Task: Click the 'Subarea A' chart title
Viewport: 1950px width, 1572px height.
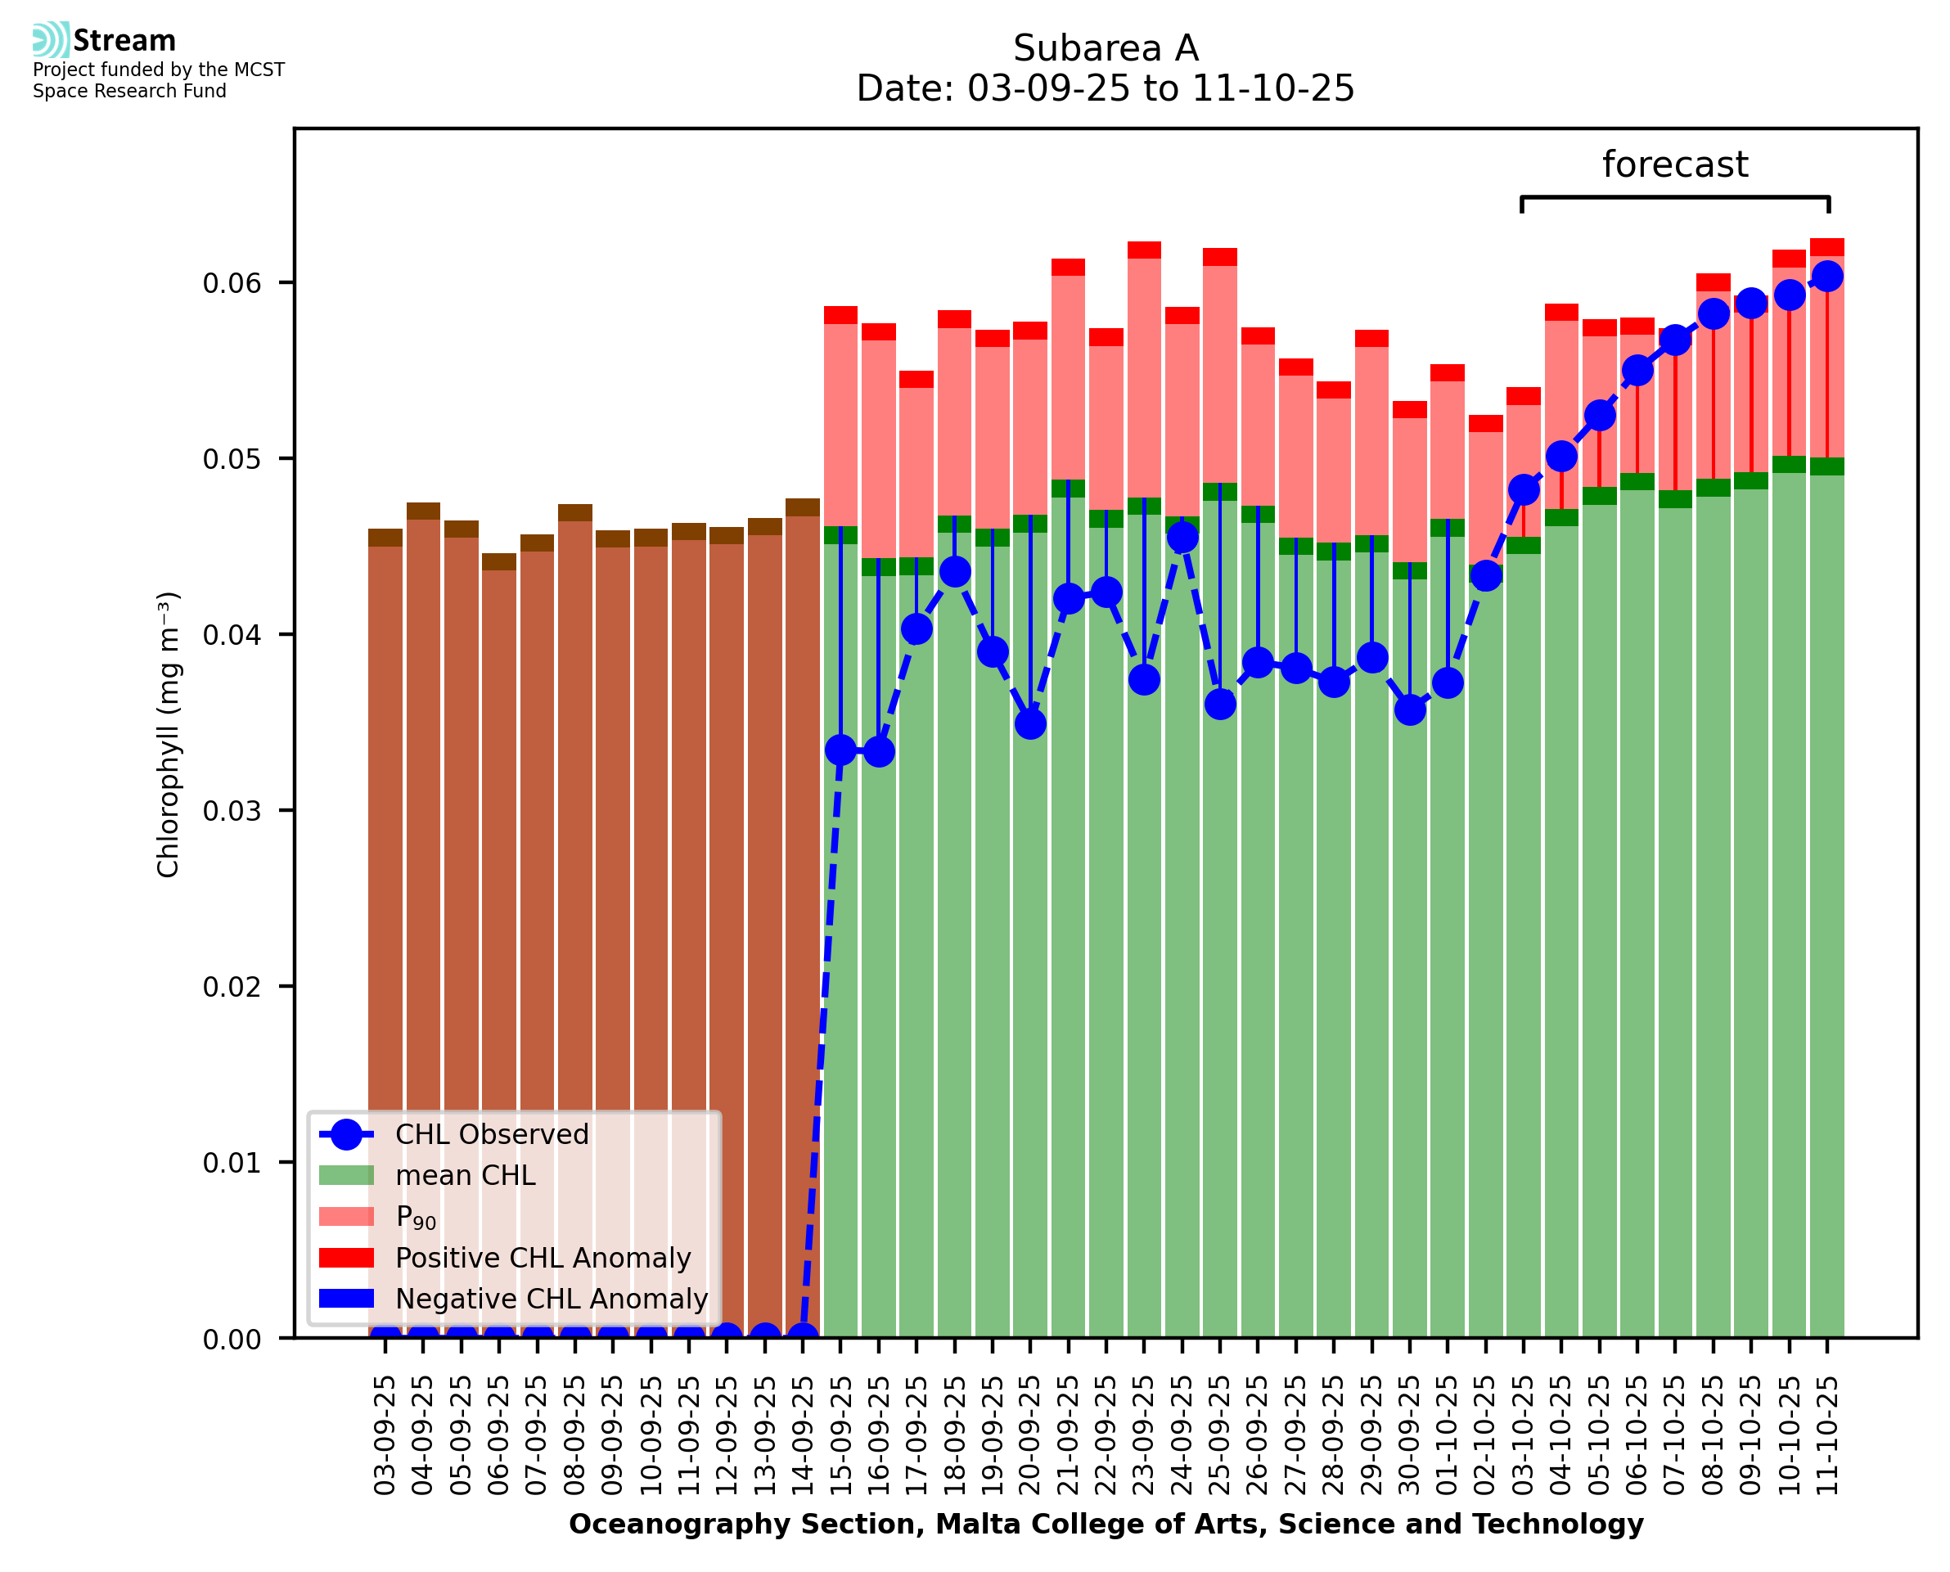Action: point(1105,48)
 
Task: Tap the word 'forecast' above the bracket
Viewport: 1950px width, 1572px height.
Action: point(1674,164)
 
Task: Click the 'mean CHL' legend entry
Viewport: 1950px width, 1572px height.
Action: point(466,1175)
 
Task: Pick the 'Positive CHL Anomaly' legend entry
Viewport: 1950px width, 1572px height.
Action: point(543,1258)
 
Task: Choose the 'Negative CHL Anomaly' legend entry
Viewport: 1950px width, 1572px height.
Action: point(551,1299)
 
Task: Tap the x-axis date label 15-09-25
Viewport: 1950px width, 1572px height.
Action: point(841,1435)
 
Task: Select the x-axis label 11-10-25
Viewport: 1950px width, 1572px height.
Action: point(1827,1435)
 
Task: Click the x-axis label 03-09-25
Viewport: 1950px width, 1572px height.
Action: point(385,1435)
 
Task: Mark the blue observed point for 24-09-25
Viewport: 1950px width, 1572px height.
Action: point(1182,538)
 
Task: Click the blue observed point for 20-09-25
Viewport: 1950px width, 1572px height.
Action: point(1030,723)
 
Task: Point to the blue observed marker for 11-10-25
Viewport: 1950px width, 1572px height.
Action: point(1827,277)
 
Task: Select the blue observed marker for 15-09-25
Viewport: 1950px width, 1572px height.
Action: point(841,750)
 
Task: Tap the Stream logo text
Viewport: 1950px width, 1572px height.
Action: point(124,41)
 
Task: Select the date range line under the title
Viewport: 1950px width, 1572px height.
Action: point(1105,88)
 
